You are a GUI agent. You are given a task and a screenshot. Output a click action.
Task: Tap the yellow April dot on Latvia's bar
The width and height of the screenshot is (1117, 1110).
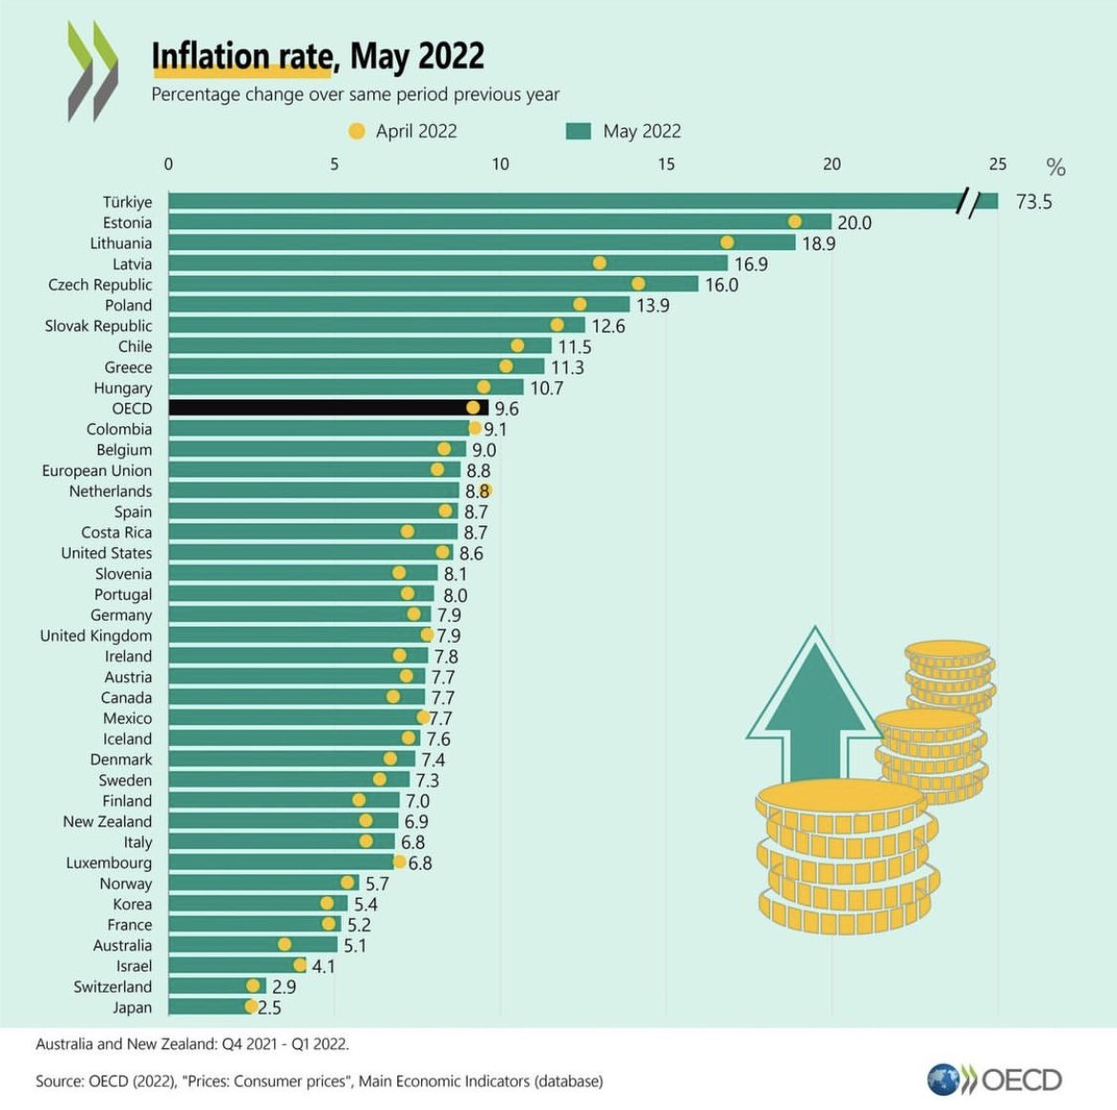click(600, 263)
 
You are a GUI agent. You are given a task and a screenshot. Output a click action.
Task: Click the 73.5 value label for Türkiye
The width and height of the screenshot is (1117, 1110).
click(1034, 202)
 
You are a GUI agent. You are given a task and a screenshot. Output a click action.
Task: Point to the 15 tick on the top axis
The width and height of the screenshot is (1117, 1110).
click(666, 164)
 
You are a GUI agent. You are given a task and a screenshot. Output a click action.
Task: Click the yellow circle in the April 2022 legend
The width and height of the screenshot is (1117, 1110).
click(357, 132)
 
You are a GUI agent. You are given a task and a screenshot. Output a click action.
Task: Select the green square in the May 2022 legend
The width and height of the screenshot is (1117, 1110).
click(579, 132)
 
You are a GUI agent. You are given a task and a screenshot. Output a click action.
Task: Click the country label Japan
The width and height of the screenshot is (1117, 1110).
click(132, 1008)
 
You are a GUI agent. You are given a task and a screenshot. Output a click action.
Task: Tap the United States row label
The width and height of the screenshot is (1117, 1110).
click(106, 553)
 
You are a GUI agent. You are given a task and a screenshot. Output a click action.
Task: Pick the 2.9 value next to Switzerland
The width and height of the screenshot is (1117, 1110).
click(284, 987)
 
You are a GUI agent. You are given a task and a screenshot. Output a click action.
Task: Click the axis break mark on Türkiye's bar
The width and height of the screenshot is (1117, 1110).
click(969, 202)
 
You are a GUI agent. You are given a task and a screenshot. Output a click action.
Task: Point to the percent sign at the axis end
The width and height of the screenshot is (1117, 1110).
click(1055, 168)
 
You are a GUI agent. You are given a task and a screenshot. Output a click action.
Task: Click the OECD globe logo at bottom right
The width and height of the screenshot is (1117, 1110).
click(943, 1079)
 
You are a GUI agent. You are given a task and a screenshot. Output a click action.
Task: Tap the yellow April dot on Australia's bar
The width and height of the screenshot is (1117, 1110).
click(285, 945)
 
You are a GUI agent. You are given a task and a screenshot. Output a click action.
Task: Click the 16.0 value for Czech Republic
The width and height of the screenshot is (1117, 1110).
click(721, 285)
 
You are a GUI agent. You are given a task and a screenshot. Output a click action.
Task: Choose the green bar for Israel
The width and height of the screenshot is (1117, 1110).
click(234, 966)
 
